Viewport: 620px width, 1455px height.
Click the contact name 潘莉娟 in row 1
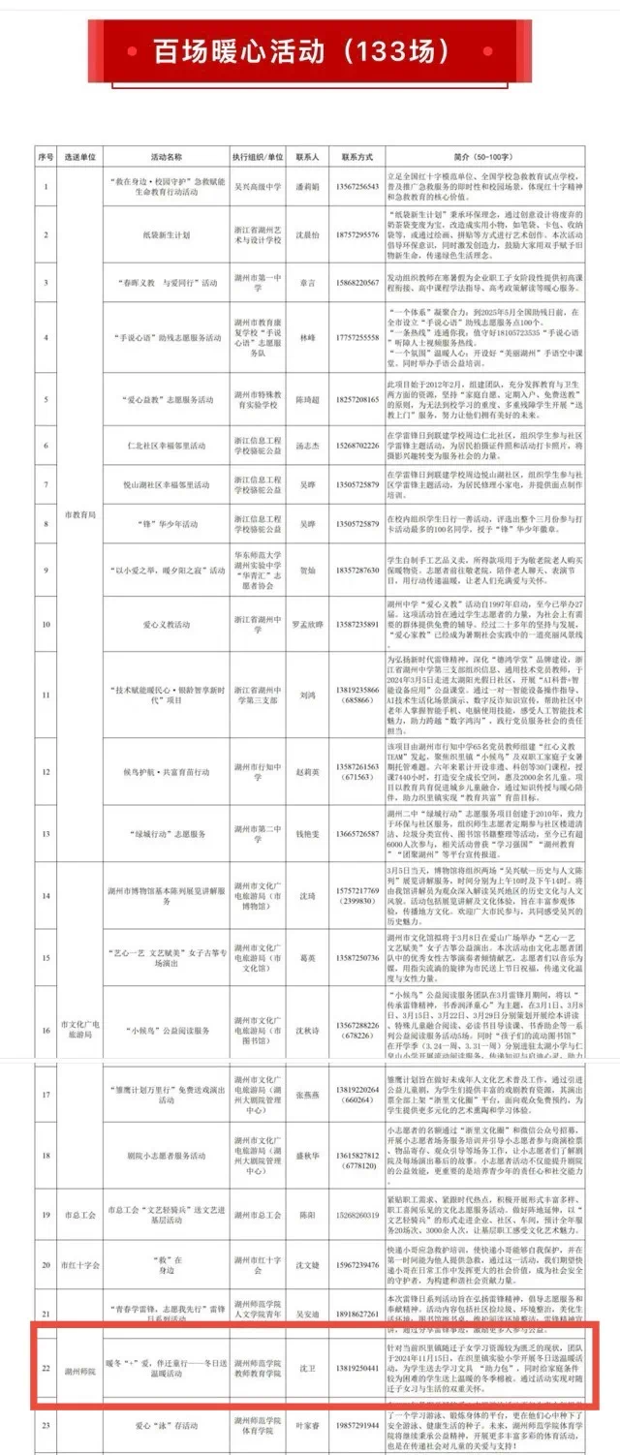click(307, 186)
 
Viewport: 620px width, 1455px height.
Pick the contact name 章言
click(307, 283)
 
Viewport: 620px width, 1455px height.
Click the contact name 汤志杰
click(307, 445)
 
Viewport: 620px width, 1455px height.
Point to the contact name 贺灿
click(307, 571)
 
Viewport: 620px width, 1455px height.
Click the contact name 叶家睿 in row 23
click(307, 1427)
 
